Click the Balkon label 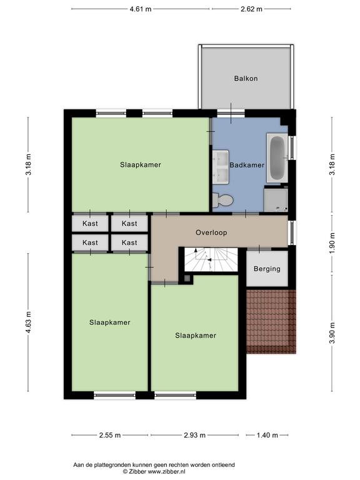pyautogui.click(x=246, y=78)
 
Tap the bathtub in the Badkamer pyautogui.click(x=277, y=157)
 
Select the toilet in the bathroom pyautogui.click(x=223, y=200)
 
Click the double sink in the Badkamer pyautogui.click(x=221, y=166)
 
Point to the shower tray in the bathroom pyautogui.click(x=276, y=199)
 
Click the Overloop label pyautogui.click(x=211, y=232)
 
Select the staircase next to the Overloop pyautogui.click(x=211, y=259)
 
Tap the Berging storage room pyautogui.click(x=267, y=269)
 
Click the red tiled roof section pyautogui.click(x=271, y=322)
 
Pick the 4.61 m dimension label pyautogui.click(x=141, y=9)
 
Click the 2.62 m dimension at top pyautogui.click(x=251, y=9)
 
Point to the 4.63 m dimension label pyautogui.click(x=28, y=322)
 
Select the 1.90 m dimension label pyautogui.click(x=332, y=243)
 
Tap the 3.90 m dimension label pyautogui.click(x=332, y=333)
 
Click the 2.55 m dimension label pyautogui.click(x=110, y=435)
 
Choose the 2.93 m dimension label pyautogui.click(x=195, y=435)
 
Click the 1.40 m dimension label pyautogui.click(x=267, y=435)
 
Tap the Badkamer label pyautogui.click(x=247, y=165)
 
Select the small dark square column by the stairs pyautogui.click(x=187, y=279)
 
